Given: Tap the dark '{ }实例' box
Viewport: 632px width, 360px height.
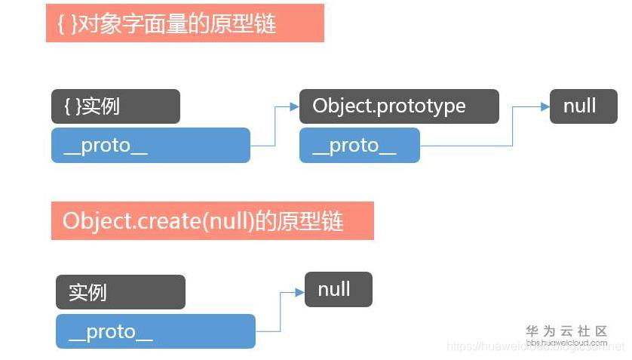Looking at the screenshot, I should coord(115,106).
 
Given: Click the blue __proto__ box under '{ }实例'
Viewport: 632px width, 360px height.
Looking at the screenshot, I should coord(150,146).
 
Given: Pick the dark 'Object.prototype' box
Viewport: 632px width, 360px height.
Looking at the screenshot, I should coord(399,106).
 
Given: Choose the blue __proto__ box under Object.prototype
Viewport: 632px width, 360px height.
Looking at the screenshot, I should coord(359,146).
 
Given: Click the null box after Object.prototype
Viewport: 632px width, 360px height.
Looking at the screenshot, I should coord(584,106).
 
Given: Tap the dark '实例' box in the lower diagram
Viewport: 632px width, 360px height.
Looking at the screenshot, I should coord(120,292).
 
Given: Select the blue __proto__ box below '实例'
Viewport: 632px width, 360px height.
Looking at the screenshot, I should coord(155,331).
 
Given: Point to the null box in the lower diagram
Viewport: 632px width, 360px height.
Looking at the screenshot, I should coord(338,289).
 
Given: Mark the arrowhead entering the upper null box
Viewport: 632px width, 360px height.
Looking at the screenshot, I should coord(545,107).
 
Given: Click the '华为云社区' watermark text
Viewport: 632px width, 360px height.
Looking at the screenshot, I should coord(566,331).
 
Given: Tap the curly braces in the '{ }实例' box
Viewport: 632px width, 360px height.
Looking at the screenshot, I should coord(69,106).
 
